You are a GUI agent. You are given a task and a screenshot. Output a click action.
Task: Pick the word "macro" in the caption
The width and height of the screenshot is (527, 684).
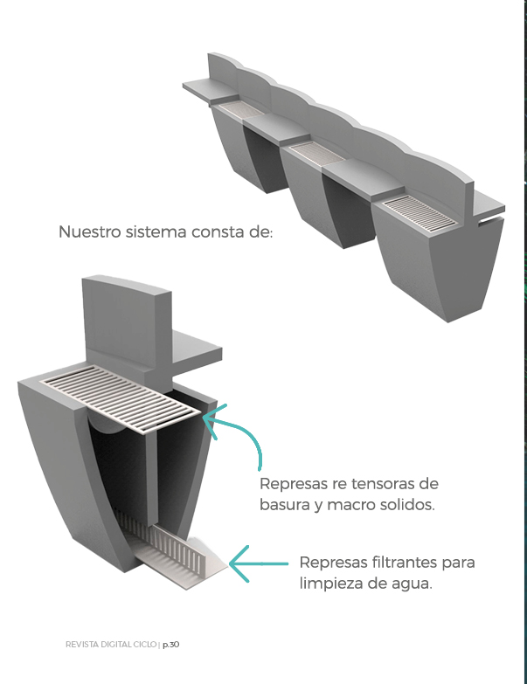pyautogui.click(x=357, y=506)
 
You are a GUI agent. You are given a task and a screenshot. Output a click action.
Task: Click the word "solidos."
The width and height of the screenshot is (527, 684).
pyautogui.click(x=407, y=506)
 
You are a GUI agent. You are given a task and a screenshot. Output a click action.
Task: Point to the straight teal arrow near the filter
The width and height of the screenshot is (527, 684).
pyautogui.click(x=258, y=563)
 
